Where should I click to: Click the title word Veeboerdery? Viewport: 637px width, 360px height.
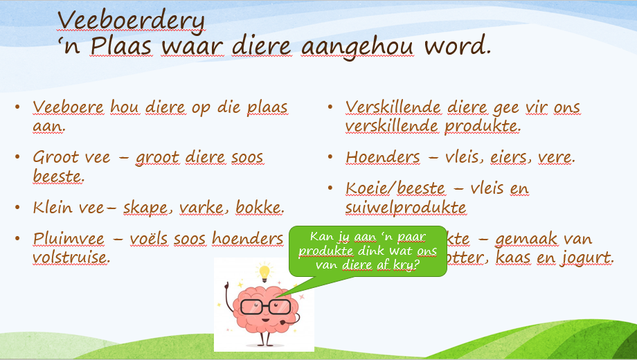tap(131, 20)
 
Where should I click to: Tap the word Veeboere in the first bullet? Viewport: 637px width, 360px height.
tap(69, 107)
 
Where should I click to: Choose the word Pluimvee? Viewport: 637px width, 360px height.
tap(69, 239)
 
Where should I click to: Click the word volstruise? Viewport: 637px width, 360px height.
tap(71, 258)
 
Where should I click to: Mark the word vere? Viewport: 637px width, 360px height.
tap(555, 157)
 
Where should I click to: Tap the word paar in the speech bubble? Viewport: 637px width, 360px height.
tap(411, 236)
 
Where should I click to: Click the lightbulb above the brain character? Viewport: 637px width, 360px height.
tap(264, 271)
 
